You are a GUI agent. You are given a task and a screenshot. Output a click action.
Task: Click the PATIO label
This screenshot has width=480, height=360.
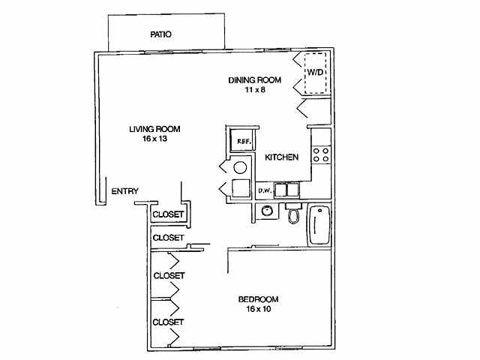pyautogui.click(x=160, y=34)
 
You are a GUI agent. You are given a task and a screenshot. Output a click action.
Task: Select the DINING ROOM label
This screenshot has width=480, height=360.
pyautogui.click(x=254, y=80)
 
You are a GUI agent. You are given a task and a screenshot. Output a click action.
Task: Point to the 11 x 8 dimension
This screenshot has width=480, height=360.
pyautogui.click(x=254, y=90)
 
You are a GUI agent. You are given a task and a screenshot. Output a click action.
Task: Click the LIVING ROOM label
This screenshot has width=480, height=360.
pyautogui.click(x=154, y=129)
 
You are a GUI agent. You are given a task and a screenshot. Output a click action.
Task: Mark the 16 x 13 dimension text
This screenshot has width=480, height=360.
pyautogui.click(x=154, y=139)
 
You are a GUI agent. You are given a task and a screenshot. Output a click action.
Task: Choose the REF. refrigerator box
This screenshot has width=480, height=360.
pyautogui.click(x=243, y=141)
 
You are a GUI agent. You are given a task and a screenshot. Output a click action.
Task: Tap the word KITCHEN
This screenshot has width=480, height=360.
pyautogui.click(x=282, y=157)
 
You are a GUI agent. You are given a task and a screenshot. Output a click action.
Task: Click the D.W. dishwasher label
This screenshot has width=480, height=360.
pyautogui.click(x=264, y=190)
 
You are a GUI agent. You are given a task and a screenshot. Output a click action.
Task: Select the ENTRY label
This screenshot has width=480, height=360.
pyautogui.click(x=124, y=191)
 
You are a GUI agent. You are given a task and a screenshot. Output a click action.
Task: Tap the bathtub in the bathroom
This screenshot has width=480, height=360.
pyautogui.click(x=319, y=225)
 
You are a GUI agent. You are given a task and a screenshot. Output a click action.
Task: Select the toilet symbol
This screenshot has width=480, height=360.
pyautogui.click(x=294, y=213)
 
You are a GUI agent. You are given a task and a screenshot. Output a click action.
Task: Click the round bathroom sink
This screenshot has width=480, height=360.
pyautogui.click(x=266, y=212)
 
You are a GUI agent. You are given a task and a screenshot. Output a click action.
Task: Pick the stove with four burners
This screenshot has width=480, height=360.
pyautogui.click(x=321, y=154)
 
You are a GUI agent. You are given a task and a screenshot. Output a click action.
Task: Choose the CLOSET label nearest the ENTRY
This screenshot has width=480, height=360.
pyautogui.click(x=168, y=214)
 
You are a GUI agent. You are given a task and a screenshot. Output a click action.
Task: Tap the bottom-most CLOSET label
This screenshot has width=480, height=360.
pyautogui.click(x=168, y=322)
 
